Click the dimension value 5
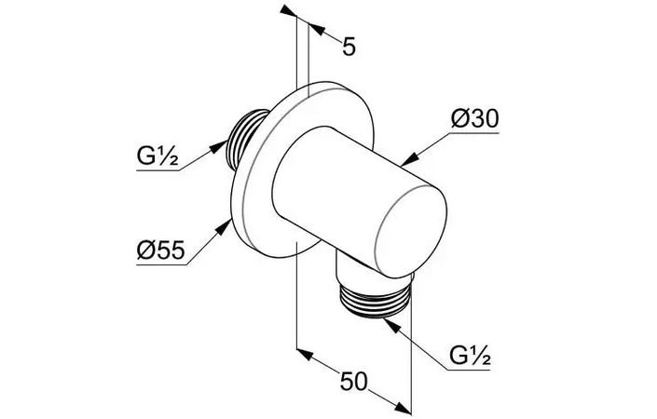click(349, 46)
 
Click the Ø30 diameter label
click(474, 119)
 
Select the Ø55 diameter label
click(161, 250)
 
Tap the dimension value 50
click(353, 382)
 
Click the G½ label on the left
click(157, 156)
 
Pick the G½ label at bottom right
click(470, 357)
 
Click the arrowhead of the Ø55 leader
click(223, 227)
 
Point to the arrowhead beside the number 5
click(316, 29)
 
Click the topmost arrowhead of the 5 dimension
click(288, 11)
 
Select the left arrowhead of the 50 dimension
click(305, 354)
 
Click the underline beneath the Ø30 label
click(473, 133)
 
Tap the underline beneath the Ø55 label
click(161, 264)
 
